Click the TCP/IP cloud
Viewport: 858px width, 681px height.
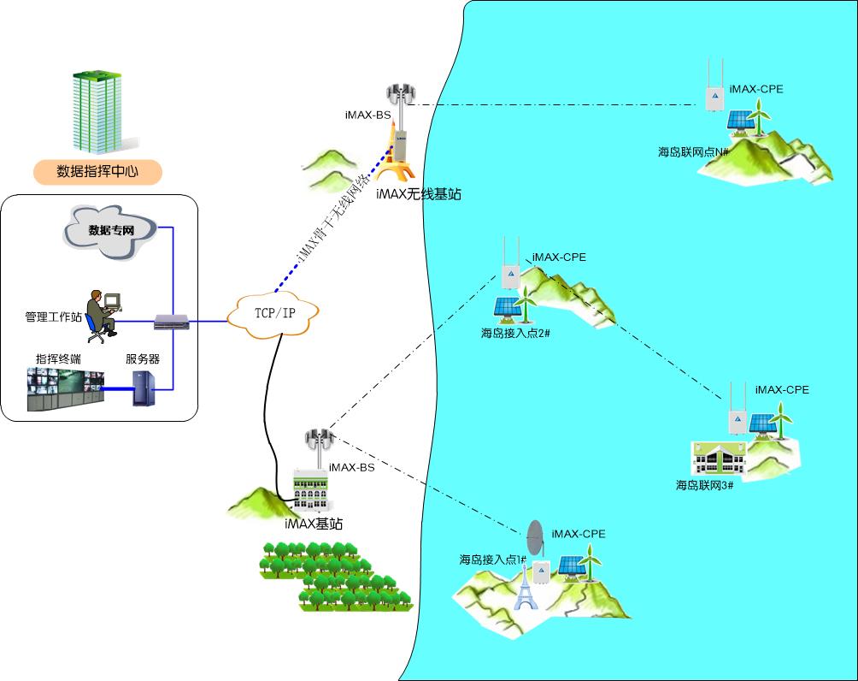tap(274, 313)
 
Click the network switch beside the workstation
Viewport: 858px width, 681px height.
tap(172, 323)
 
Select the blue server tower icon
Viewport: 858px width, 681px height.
tap(142, 388)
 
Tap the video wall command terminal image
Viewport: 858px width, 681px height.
tap(64, 389)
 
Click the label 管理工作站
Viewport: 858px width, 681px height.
tap(53, 317)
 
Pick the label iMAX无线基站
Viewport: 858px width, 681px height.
tap(418, 195)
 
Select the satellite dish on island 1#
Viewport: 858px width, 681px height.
tap(535, 538)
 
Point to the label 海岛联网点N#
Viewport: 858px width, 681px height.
tap(692, 152)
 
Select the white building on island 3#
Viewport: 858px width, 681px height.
tap(719, 459)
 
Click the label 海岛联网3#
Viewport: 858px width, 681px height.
tap(705, 485)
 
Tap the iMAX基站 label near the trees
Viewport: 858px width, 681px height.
tap(314, 524)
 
